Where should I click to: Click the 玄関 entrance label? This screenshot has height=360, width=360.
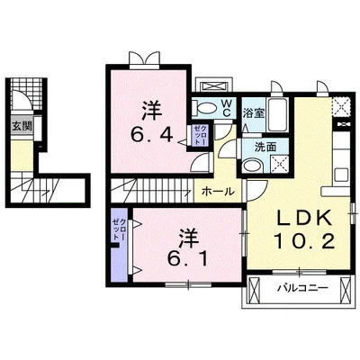(22, 126)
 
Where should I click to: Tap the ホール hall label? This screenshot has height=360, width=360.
(218, 191)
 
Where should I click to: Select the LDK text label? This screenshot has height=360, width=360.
(303, 218)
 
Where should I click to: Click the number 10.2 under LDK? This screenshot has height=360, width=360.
(304, 242)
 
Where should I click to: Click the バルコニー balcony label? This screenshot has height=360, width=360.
(302, 288)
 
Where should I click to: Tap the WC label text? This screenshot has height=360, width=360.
(227, 109)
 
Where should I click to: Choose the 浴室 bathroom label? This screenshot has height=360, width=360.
(254, 113)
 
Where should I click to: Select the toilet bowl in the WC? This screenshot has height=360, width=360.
(206, 108)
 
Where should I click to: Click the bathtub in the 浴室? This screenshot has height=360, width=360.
(278, 114)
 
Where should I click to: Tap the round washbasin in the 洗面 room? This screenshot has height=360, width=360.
(253, 166)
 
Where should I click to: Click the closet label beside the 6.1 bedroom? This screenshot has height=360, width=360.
(119, 229)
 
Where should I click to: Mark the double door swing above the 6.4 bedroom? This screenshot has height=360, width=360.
(144, 58)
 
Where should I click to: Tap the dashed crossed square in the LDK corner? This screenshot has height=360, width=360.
(340, 106)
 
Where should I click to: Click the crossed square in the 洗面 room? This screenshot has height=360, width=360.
(280, 164)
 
